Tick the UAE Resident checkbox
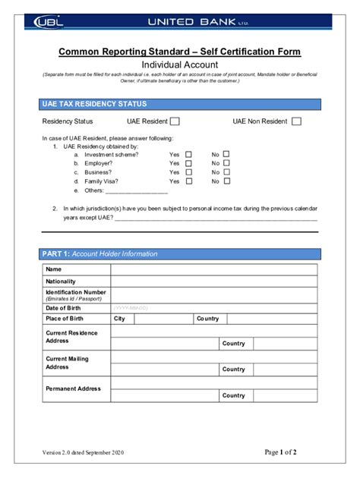coord(175,121)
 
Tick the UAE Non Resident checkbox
coord(296,121)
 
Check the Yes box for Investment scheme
coord(189,154)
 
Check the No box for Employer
coord(226,163)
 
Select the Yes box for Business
coord(189,172)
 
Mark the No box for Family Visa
coord(226,181)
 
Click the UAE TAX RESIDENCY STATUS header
coord(93,104)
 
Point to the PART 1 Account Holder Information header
coord(99,253)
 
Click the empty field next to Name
coord(214,269)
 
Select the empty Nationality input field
coord(214,281)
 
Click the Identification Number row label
coord(76,294)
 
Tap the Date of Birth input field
coord(214,308)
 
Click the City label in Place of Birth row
coord(119,319)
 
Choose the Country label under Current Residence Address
coord(233,344)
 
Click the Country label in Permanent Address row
coord(233,395)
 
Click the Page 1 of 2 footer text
coord(280,452)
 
